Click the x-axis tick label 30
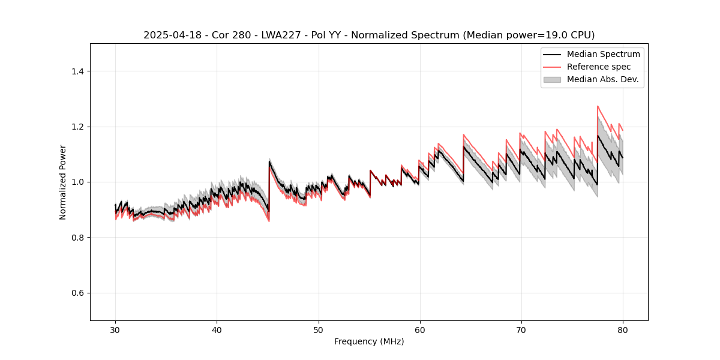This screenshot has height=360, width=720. click(115, 330)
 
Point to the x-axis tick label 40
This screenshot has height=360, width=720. click(217, 330)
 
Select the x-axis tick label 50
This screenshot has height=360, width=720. click(318, 330)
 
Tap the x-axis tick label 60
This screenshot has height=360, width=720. click(420, 330)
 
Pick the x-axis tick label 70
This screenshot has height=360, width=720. click(521, 330)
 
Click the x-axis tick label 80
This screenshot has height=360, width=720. click(623, 330)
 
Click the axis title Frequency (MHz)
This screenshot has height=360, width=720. click(369, 341)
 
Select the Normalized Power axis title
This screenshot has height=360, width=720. click(63, 182)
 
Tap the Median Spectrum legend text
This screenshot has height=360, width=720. click(603, 54)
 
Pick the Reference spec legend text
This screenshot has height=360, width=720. click(598, 67)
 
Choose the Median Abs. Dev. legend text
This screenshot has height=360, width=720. click(602, 79)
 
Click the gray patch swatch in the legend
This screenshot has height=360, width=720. click(552, 79)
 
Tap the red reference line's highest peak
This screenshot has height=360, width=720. click(598, 106)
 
